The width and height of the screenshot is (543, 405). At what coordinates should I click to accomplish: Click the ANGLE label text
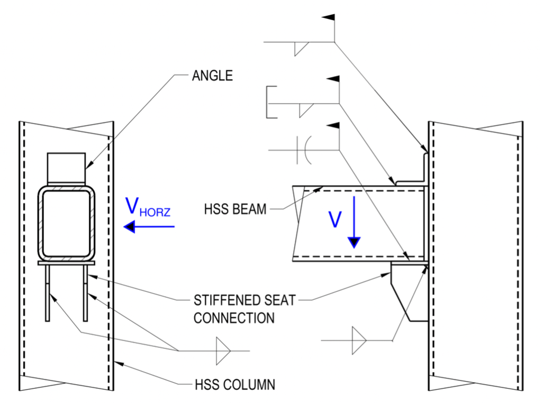tap(212, 76)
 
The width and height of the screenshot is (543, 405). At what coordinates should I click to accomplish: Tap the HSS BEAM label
tap(235, 209)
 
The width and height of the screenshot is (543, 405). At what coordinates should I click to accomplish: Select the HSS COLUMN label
tap(234, 384)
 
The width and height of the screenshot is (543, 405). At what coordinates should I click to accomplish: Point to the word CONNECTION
tap(234, 318)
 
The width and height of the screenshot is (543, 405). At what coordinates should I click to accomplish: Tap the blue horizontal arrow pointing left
tap(149, 227)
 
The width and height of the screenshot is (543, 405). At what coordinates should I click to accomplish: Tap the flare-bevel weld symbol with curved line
tap(307, 150)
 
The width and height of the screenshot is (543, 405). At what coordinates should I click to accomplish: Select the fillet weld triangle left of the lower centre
tap(222, 351)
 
